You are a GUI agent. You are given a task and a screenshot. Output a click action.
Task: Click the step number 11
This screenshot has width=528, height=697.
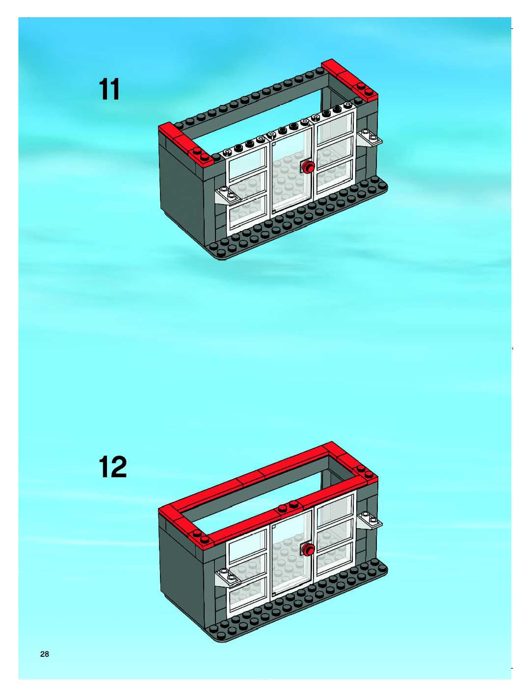(109, 90)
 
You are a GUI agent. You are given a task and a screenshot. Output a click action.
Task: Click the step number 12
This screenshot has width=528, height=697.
(113, 467)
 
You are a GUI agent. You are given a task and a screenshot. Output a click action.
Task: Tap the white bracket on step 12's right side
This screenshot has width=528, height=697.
(370, 520)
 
